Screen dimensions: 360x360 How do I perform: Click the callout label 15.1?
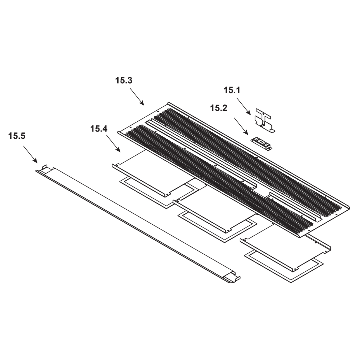tap(232, 90)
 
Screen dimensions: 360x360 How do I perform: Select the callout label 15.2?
tap(219, 108)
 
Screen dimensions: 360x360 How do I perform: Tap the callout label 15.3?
tap(124, 80)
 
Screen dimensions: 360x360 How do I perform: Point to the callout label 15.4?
tap(99, 129)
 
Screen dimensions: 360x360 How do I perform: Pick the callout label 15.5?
tap(17, 136)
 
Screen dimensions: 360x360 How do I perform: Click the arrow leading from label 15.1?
tap(244, 106)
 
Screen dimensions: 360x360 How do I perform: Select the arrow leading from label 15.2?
tap(241, 126)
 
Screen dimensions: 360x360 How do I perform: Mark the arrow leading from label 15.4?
tap(113, 144)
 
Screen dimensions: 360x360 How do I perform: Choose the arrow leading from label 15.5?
tap(30, 154)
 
